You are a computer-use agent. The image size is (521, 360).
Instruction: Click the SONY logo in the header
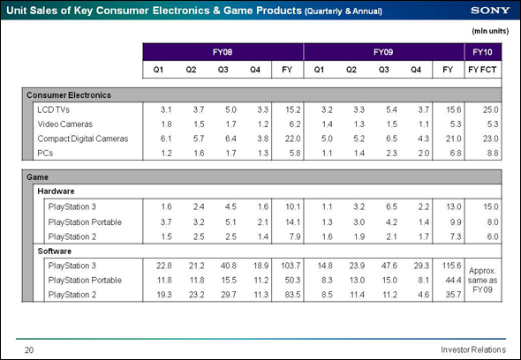(x=490, y=11)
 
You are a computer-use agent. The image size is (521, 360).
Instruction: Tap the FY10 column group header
(x=482, y=52)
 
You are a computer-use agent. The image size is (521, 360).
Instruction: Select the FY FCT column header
(x=482, y=70)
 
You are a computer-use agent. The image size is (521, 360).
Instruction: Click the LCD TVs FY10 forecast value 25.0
(x=490, y=109)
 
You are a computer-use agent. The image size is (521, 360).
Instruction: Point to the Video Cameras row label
(x=64, y=124)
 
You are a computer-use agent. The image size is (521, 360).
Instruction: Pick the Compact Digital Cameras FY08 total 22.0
(x=292, y=139)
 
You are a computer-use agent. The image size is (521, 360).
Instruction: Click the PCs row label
(x=45, y=154)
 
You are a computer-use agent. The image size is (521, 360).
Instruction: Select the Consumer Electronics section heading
(x=69, y=95)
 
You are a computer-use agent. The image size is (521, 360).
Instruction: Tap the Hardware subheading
(x=56, y=191)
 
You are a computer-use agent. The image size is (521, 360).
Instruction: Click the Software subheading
(x=55, y=251)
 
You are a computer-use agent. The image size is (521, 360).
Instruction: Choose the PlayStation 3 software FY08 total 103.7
(x=291, y=266)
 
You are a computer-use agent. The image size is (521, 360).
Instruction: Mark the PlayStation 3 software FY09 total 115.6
(x=451, y=266)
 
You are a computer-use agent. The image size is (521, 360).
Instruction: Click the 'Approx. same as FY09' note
(x=482, y=280)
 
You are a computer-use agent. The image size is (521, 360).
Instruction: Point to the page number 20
(x=29, y=350)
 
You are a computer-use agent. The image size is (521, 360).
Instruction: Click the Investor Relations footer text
(x=473, y=349)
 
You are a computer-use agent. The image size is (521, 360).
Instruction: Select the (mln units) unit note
(x=490, y=31)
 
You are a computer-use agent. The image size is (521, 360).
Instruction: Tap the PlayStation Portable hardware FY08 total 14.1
(x=292, y=221)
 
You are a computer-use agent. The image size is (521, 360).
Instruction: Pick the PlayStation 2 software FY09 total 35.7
(x=453, y=295)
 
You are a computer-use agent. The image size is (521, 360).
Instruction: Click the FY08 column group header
(x=223, y=52)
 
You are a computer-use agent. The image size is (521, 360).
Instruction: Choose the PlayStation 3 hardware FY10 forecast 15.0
(x=490, y=206)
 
